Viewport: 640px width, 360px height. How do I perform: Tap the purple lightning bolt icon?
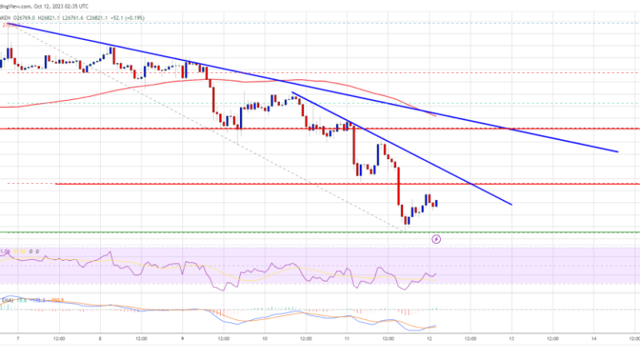436,238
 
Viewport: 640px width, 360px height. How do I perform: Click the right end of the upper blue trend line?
618,151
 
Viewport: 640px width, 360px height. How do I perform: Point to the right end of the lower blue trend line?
510,205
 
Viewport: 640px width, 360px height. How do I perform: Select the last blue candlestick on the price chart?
437,203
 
